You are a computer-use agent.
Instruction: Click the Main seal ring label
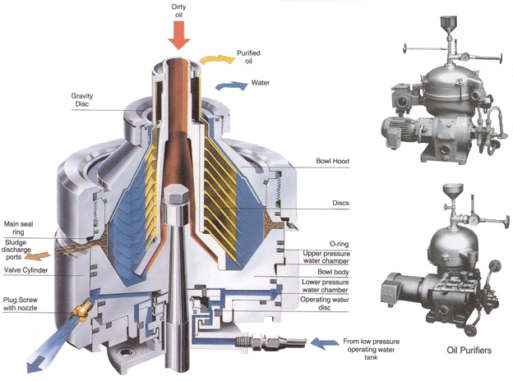(18, 227)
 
